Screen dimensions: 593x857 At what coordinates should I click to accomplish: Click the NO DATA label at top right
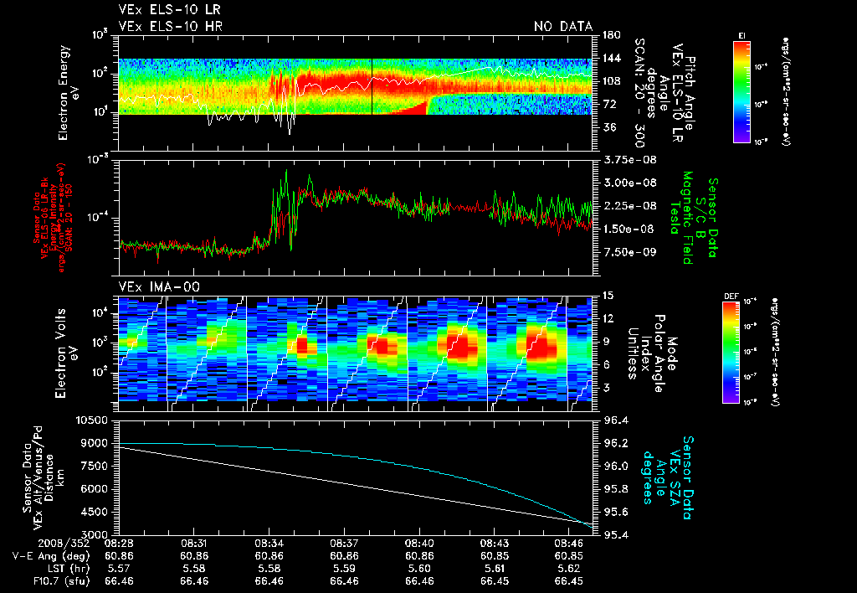(x=563, y=27)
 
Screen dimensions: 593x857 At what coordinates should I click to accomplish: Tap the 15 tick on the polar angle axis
(x=608, y=296)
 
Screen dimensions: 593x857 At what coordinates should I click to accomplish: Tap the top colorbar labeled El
(x=741, y=90)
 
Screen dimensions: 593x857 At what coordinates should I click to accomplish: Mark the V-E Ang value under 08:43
(x=494, y=555)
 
